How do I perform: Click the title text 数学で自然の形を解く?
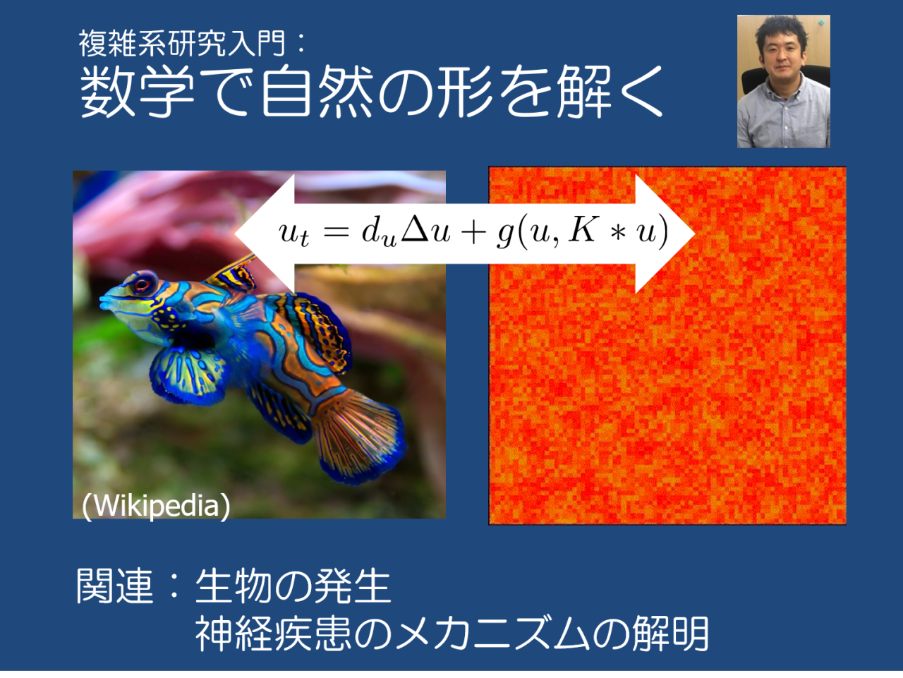(x=371, y=92)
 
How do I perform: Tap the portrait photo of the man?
(x=783, y=81)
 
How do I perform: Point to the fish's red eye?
(x=143, y=284)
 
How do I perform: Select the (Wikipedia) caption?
(x=156, y=505)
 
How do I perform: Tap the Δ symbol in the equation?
(x=415, y=230)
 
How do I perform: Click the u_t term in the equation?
(x=293, y=233)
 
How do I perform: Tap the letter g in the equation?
(x=504, y=234)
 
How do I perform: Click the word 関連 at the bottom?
(x=114, y=586)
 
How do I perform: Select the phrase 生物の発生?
(x=293, y=586)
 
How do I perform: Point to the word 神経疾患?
(x=273, y=633)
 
